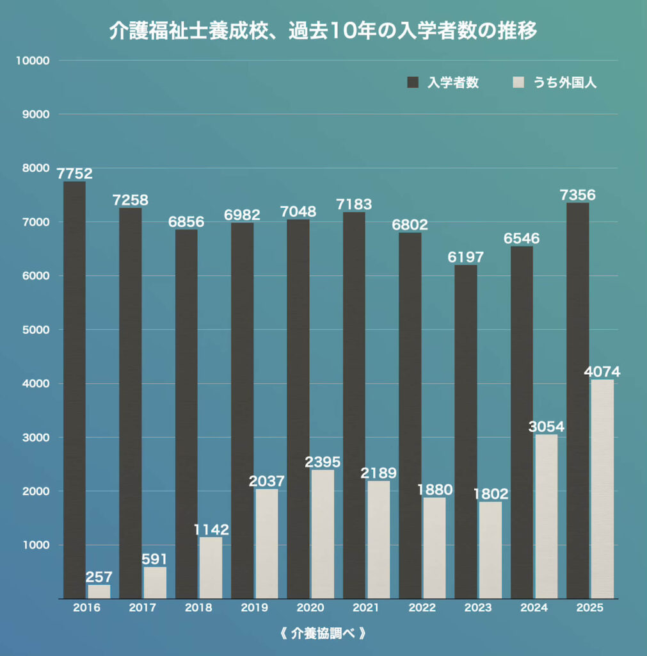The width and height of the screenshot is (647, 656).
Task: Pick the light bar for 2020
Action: [323, 534]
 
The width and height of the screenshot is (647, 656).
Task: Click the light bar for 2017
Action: [155, 582]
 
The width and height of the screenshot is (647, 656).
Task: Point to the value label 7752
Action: [74, 174]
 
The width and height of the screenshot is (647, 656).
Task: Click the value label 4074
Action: [602, 372]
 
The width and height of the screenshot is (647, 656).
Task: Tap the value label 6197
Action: [466, 257]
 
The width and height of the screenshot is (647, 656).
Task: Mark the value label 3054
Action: [547, 427]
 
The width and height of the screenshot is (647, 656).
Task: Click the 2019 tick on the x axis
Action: [254, 607]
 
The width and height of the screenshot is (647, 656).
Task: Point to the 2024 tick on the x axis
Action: [534, 607]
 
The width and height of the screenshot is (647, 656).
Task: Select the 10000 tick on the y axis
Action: [33, 61]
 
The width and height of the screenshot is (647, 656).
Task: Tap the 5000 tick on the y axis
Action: [36, 330]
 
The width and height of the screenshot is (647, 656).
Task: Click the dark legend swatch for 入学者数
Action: [413, 83]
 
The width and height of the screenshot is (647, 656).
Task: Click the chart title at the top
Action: [323, 31]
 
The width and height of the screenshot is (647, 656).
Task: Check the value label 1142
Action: [211, 530]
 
